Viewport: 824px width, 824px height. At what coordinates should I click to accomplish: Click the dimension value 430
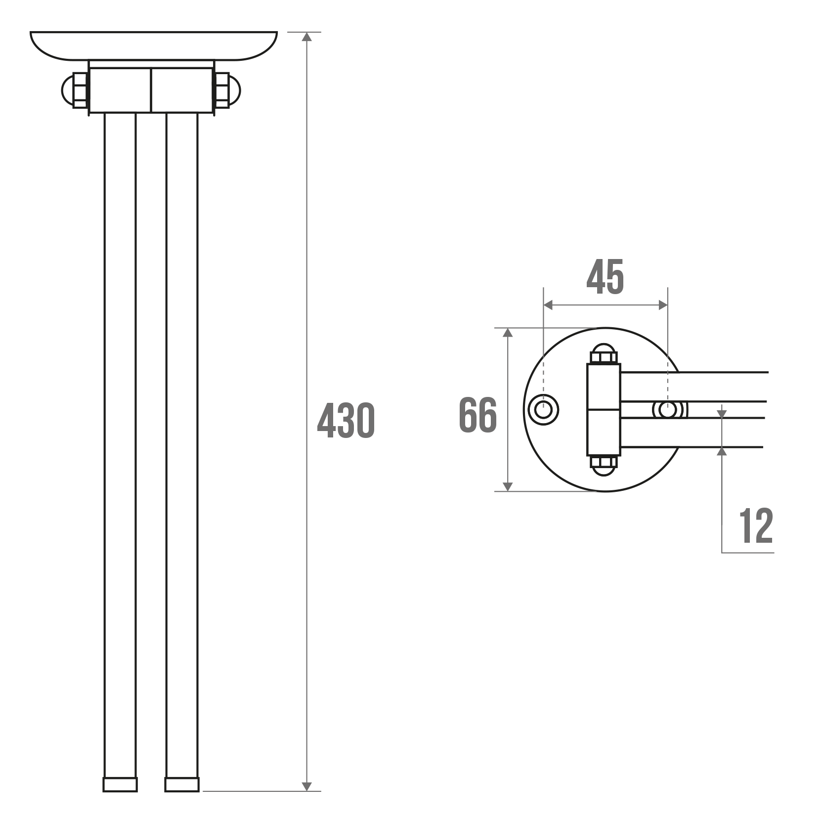(346, 421)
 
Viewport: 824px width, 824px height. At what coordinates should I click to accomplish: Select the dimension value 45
(605, 276)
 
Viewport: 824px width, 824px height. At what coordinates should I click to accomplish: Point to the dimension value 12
(756, 525)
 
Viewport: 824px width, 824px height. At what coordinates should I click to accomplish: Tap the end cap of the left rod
(120, 784)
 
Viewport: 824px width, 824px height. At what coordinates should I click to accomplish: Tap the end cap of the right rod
(182, 784)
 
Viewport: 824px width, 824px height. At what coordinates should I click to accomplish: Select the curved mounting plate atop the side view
(154, 45)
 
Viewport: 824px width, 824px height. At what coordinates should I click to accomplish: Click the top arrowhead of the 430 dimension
(307, 37)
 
